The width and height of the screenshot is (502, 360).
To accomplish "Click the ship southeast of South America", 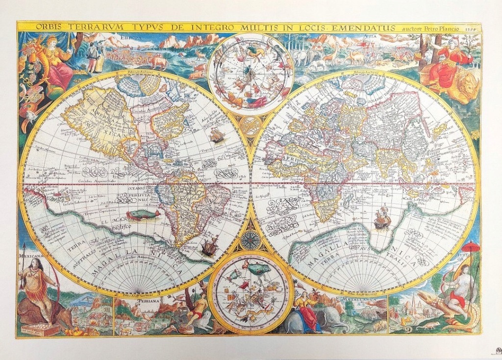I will coord(209,245).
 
